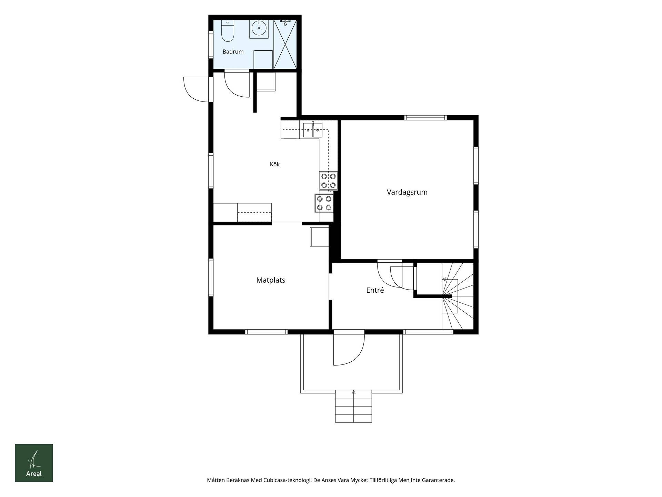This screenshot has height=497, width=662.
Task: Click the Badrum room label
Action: (x=233, y=52)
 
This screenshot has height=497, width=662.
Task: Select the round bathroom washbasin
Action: (x=259, y=29)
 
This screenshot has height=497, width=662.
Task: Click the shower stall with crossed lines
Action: (x=285, y=44)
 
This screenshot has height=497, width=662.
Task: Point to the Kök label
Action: (x=275, y=164)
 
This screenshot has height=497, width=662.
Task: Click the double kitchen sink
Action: (x=313, y=130)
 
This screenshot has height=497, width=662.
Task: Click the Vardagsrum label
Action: (x=407, y=192)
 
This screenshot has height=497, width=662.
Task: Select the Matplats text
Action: (x=271, y=280)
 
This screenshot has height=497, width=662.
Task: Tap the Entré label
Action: (x=375, y=290)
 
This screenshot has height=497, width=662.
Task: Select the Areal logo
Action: (x=34, y=463)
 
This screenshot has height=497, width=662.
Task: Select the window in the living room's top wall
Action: (x=425, y=118)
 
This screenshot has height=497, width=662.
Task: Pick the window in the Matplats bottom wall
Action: (x=266, y=332)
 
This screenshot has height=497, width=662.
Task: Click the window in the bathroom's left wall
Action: (x=211, y=44)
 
